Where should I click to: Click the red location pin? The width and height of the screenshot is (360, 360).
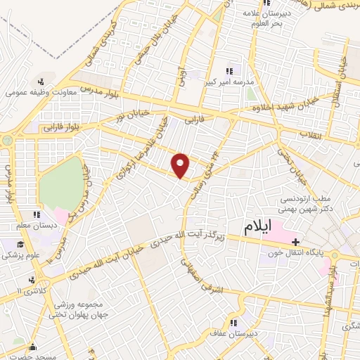pos(181,165)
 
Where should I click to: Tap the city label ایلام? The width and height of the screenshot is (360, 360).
pos(258,228)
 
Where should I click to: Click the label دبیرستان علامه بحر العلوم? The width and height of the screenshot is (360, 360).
pos(264,18)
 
